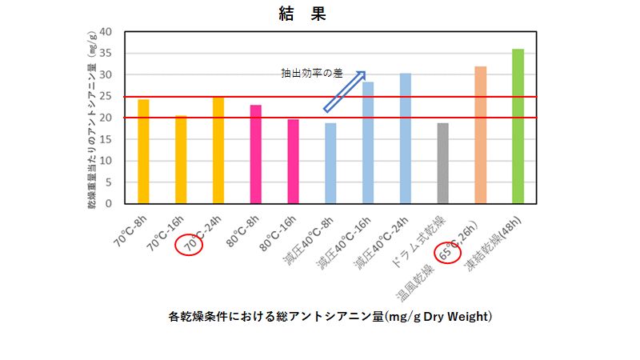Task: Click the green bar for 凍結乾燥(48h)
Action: click(x=518, y=126)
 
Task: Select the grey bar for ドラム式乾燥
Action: click(x=442, y=163)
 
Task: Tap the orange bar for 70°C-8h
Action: click(x=143, y=151)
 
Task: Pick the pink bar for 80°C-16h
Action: click(x=293, y=161)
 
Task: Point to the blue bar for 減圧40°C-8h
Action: click(x=330, y=163)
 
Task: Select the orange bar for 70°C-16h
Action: click(x=181, y=159)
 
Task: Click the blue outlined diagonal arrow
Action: click(x=345, y=90)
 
